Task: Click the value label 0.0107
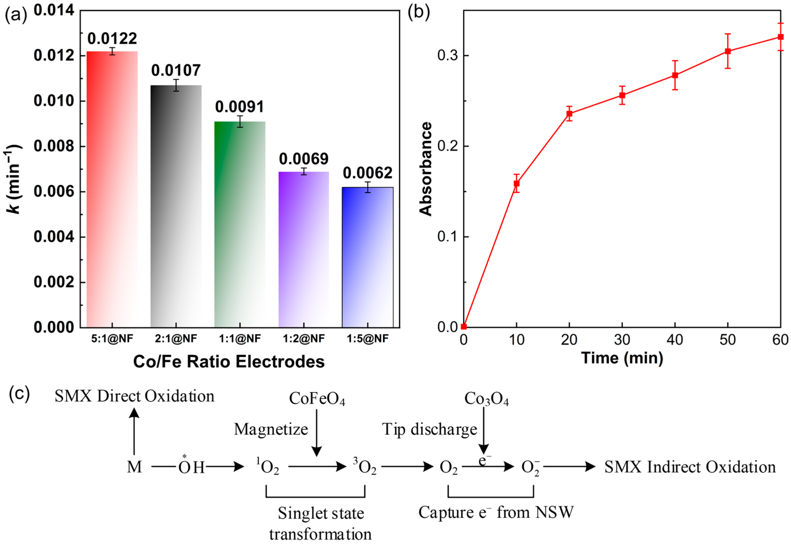coord(176,70)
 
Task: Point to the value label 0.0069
coord(304,159)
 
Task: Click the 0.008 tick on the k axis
coord(54,146)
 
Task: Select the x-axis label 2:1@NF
coord(176,338)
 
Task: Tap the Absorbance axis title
coord(425,169)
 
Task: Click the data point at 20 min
coord(569,114)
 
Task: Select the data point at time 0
coord(464,327)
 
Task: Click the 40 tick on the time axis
coord(675,340)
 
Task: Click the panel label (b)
coord(419,13)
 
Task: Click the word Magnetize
coord(271,429)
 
